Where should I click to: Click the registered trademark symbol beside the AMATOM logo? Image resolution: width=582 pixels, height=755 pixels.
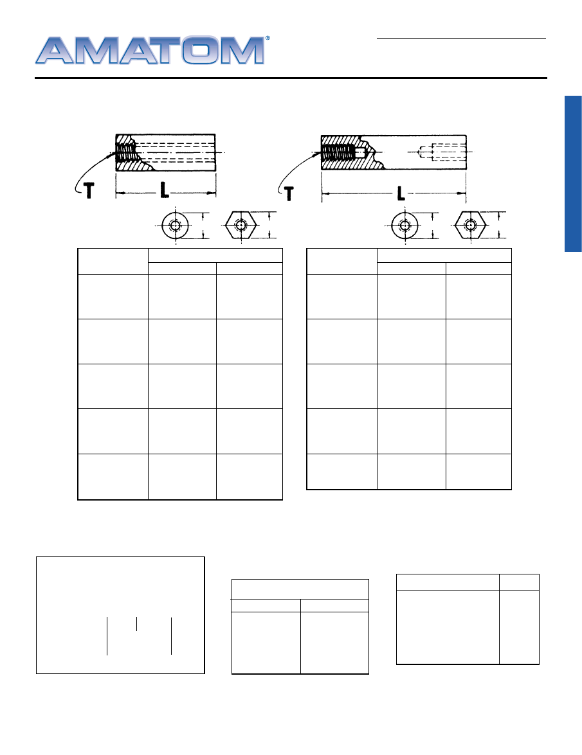(x=268, y=38)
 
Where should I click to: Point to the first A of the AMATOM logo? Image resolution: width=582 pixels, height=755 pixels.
(x=55, y=50)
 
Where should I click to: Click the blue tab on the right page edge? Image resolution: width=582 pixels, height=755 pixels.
(x=573, y=174)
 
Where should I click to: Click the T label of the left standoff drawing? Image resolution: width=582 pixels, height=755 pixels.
(x=89, y=191)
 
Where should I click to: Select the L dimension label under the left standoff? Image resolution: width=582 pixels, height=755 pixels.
(x=165, y=191)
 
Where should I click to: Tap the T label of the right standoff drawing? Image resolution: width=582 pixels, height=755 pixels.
(x=289, y=193)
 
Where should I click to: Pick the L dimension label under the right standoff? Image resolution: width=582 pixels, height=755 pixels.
(x=401, y=193)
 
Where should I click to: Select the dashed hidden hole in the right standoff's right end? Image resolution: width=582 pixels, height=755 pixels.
(x=441, y=152)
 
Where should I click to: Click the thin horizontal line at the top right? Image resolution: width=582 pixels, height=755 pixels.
(x=461, y=38)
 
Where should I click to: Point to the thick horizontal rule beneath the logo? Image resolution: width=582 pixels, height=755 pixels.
(x=291, y=78)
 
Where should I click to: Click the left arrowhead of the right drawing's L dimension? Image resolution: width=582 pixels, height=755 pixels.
(x=325, y=193)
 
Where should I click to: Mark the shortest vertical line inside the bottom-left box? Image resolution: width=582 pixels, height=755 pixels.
(x=137, y=623)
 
